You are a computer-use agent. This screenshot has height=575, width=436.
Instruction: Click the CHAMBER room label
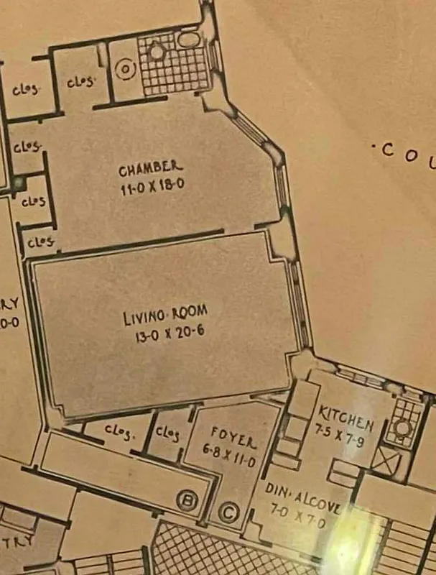pos(150,170)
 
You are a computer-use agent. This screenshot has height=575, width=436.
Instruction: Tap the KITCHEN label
pos(345,415)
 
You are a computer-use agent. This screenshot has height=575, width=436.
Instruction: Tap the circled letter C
pos(228,512)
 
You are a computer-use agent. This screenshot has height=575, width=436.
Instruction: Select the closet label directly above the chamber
pos(80,81)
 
